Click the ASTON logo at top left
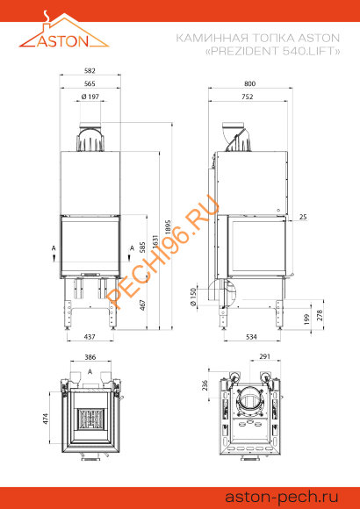tap(64, 33)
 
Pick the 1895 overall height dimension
tap(168, 231)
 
